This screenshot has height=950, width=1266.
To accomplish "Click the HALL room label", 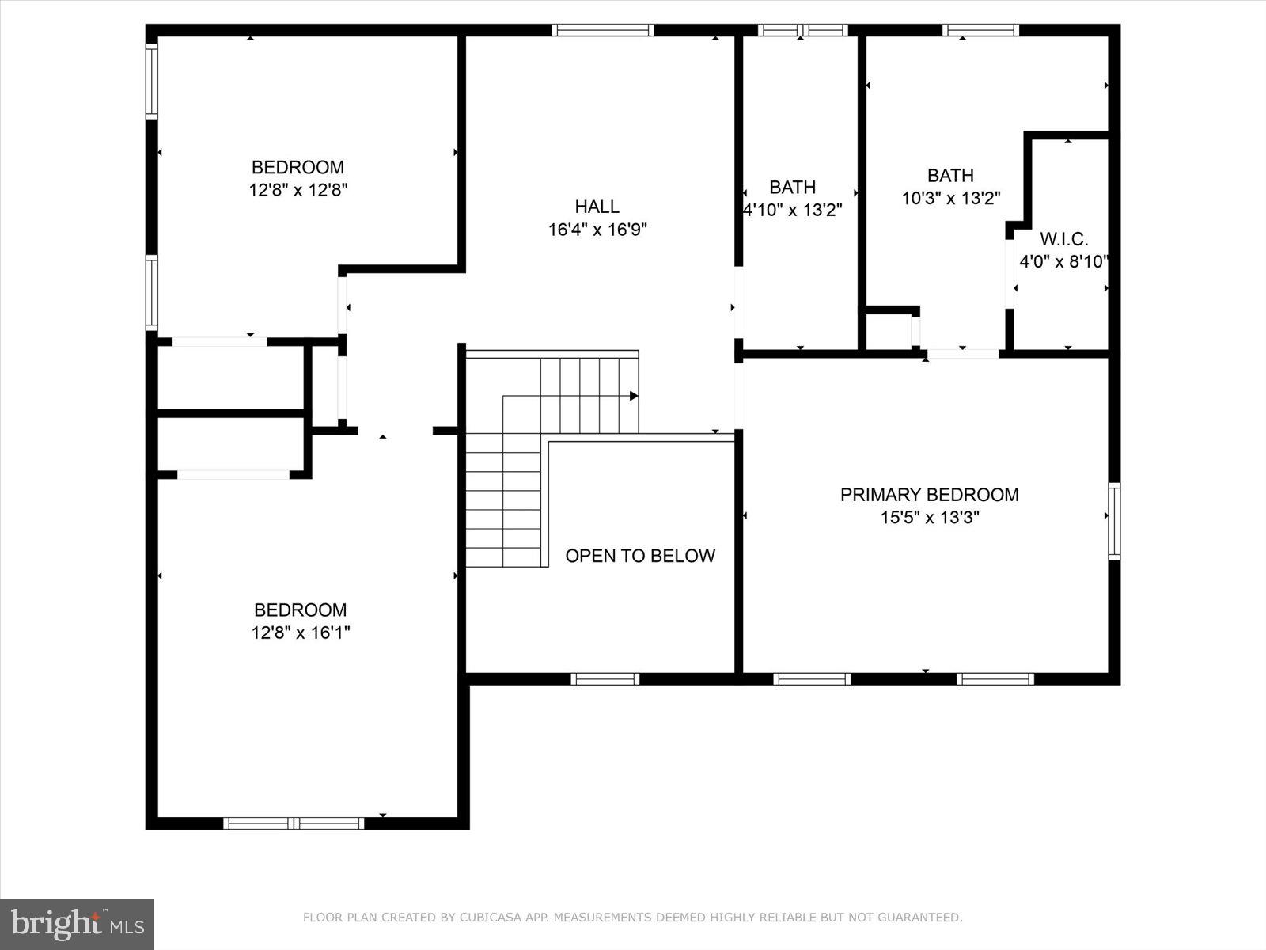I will click(597, 207).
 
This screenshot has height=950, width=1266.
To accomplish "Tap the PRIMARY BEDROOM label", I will click(929, 495).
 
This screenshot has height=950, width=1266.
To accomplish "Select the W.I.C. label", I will click(1063, 239).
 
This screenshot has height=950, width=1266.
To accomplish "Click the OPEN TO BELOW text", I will click(639, 556).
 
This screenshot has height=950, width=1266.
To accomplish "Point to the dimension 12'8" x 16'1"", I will click(301, 633).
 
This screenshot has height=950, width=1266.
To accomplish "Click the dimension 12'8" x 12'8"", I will click(298, 190).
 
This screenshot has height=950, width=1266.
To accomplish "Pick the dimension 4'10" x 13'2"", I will click(793, 210).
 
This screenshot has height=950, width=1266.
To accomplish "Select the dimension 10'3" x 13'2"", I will click(951, 198).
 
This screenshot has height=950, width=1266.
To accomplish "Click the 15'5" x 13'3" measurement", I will click(930, 518).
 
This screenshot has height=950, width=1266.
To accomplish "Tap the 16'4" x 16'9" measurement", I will click(597, 230).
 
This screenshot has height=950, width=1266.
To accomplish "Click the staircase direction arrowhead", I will click(634, 395).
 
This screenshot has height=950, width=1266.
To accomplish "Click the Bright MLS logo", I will click(77, 924).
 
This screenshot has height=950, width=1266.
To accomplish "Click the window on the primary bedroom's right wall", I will click(1113, 521).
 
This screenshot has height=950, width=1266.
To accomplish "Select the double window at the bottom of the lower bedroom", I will click(294, 823).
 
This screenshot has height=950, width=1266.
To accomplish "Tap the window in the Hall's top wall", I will click(603, 30).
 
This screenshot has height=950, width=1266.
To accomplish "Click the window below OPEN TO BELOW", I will click(605, 678).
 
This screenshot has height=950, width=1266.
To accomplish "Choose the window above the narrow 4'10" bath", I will click(802, 30).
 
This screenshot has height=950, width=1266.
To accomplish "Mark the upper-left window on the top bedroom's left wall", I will click(151, 81).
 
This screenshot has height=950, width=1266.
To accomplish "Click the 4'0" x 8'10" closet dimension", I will click(1063, 262).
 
